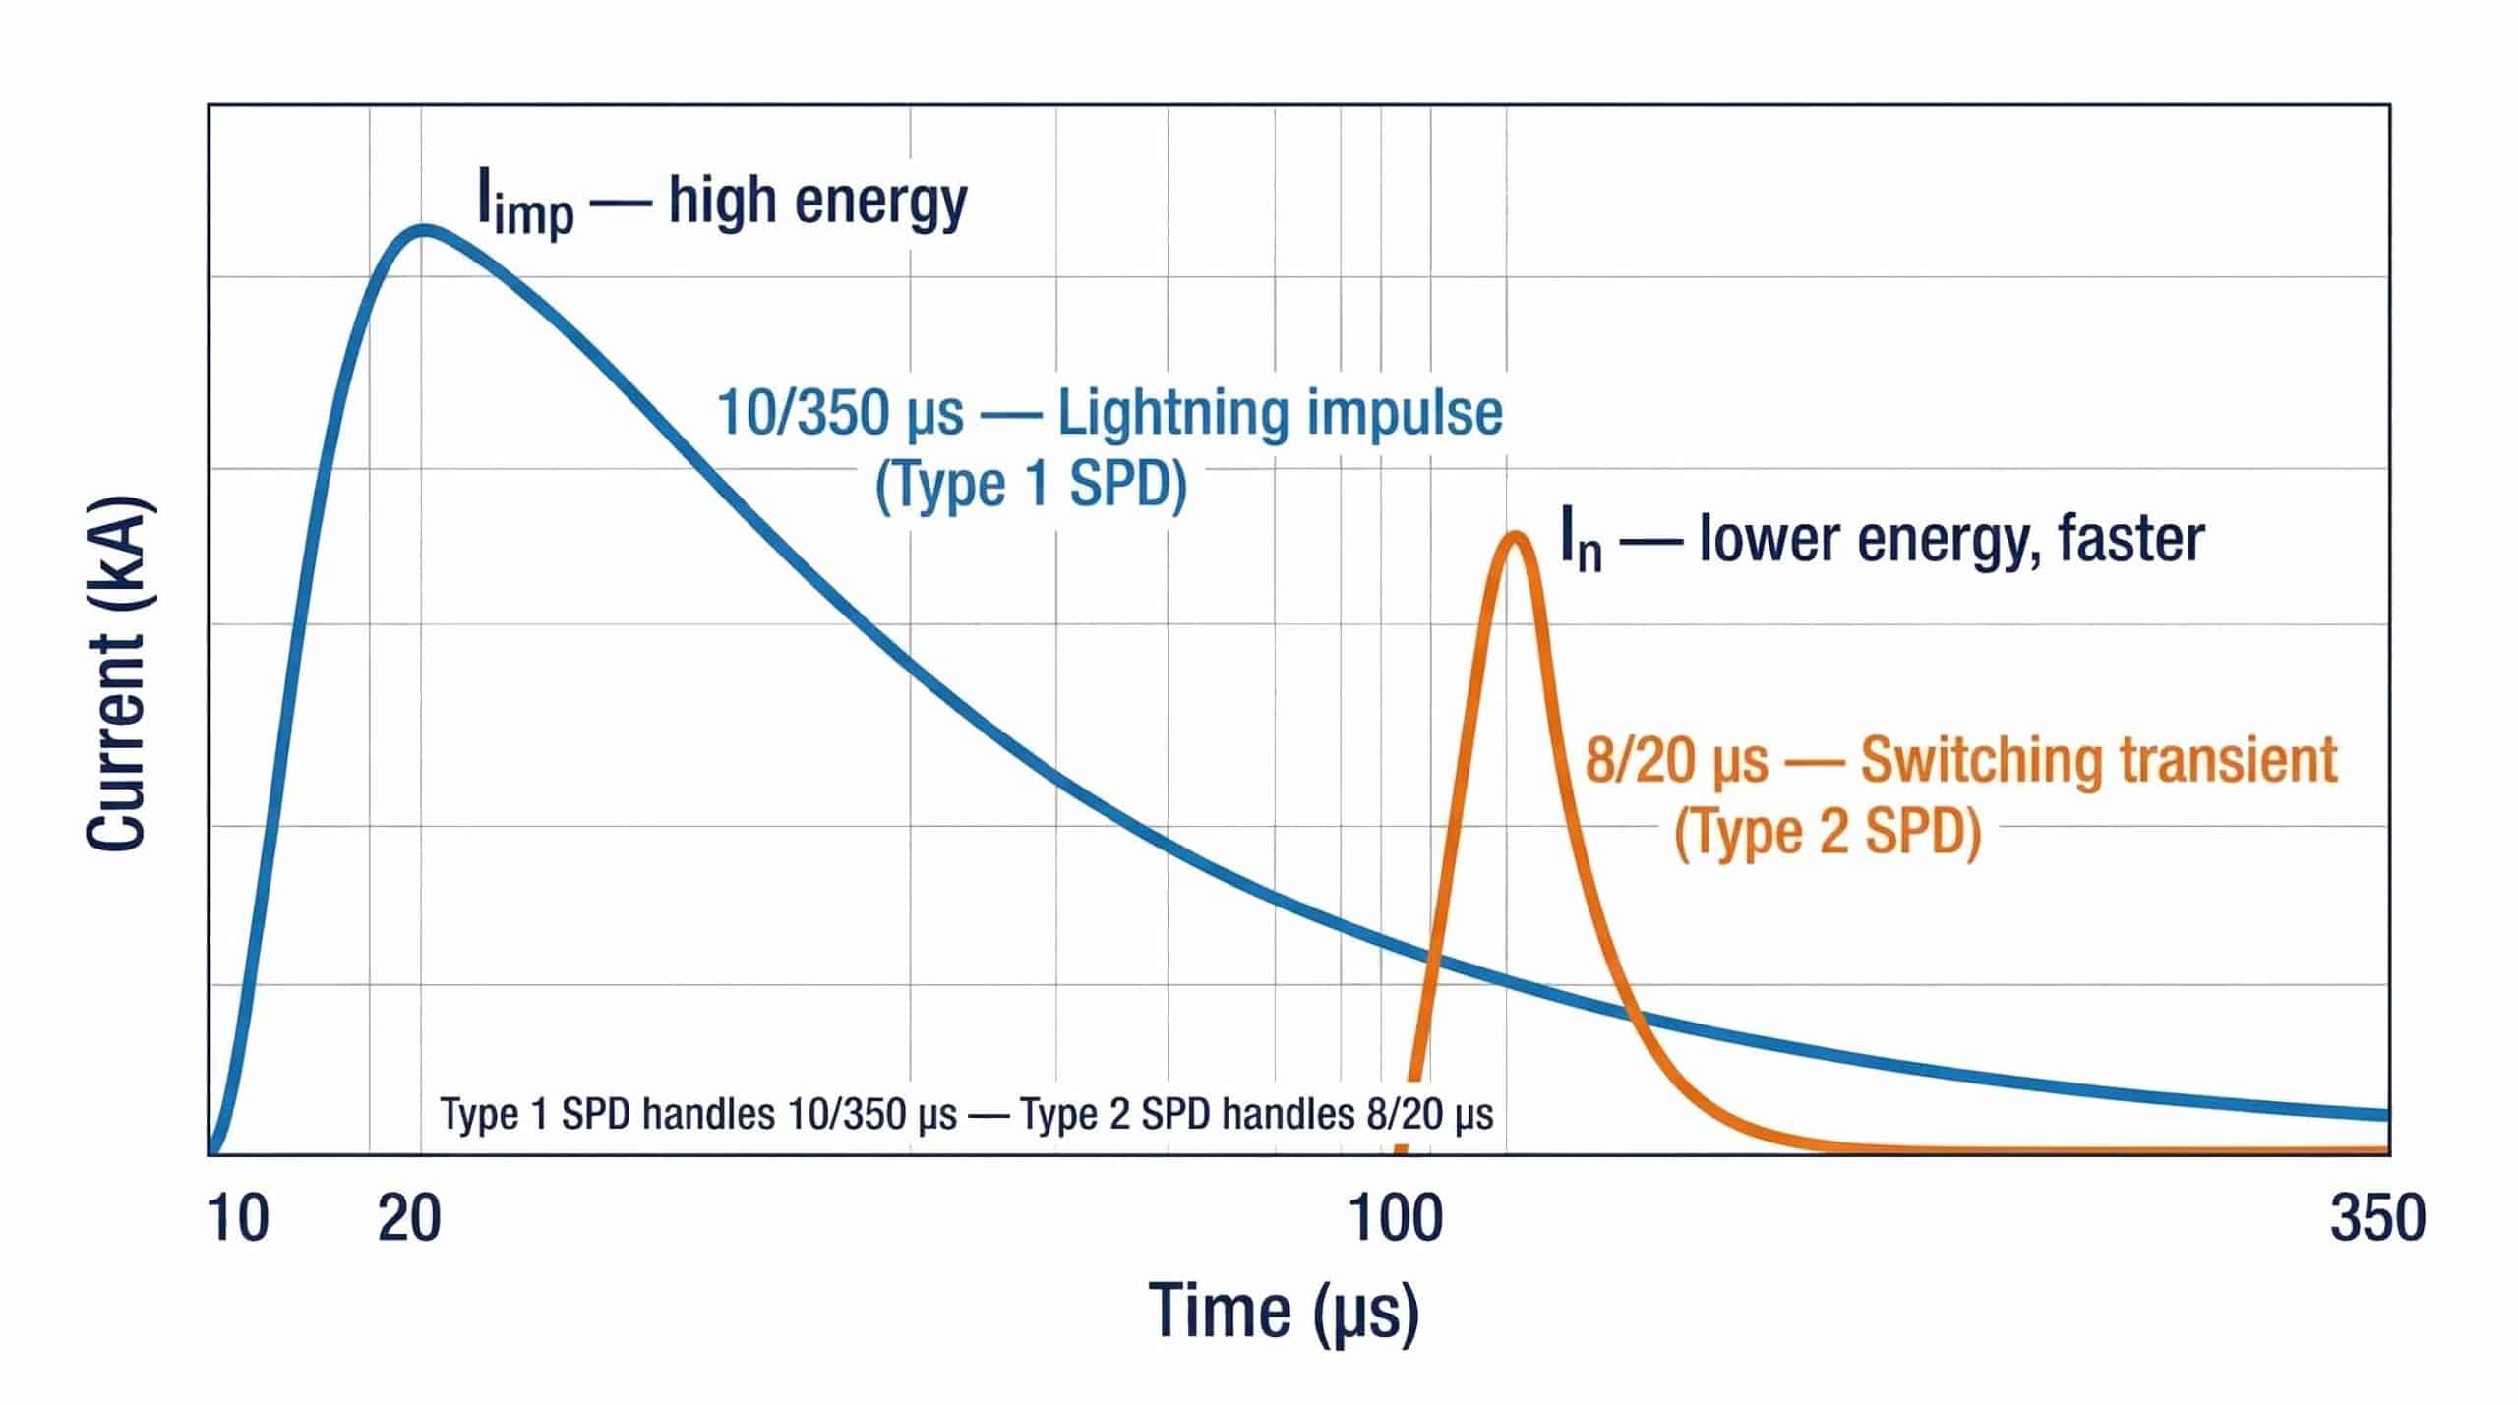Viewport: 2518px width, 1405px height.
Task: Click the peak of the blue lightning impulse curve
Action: tap(424, 230)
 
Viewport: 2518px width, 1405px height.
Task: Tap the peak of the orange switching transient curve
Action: tap(1516, 538)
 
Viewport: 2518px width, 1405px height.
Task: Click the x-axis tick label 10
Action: tap(238, 1220)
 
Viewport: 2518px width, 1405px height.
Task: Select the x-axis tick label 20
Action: tap(409, 1220)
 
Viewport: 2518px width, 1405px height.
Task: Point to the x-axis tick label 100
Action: tap(1396, 1220)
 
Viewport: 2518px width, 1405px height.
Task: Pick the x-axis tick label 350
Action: tap(2377, 1220)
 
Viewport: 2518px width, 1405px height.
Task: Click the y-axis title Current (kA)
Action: tap(116, 674)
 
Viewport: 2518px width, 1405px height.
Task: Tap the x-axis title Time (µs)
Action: tap(1284, 1312)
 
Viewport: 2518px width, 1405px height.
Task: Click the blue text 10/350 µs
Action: tap(840, 413)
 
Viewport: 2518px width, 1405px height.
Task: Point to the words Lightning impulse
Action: tap(1280, 413)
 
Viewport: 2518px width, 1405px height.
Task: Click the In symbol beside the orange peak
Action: tap(1581, 541)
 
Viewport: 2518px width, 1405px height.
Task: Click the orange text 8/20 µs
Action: tap(1676, 762)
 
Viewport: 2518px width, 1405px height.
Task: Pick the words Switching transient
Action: tap(2099, 761)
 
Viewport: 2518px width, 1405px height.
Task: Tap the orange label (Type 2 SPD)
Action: tap(1828, 833)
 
